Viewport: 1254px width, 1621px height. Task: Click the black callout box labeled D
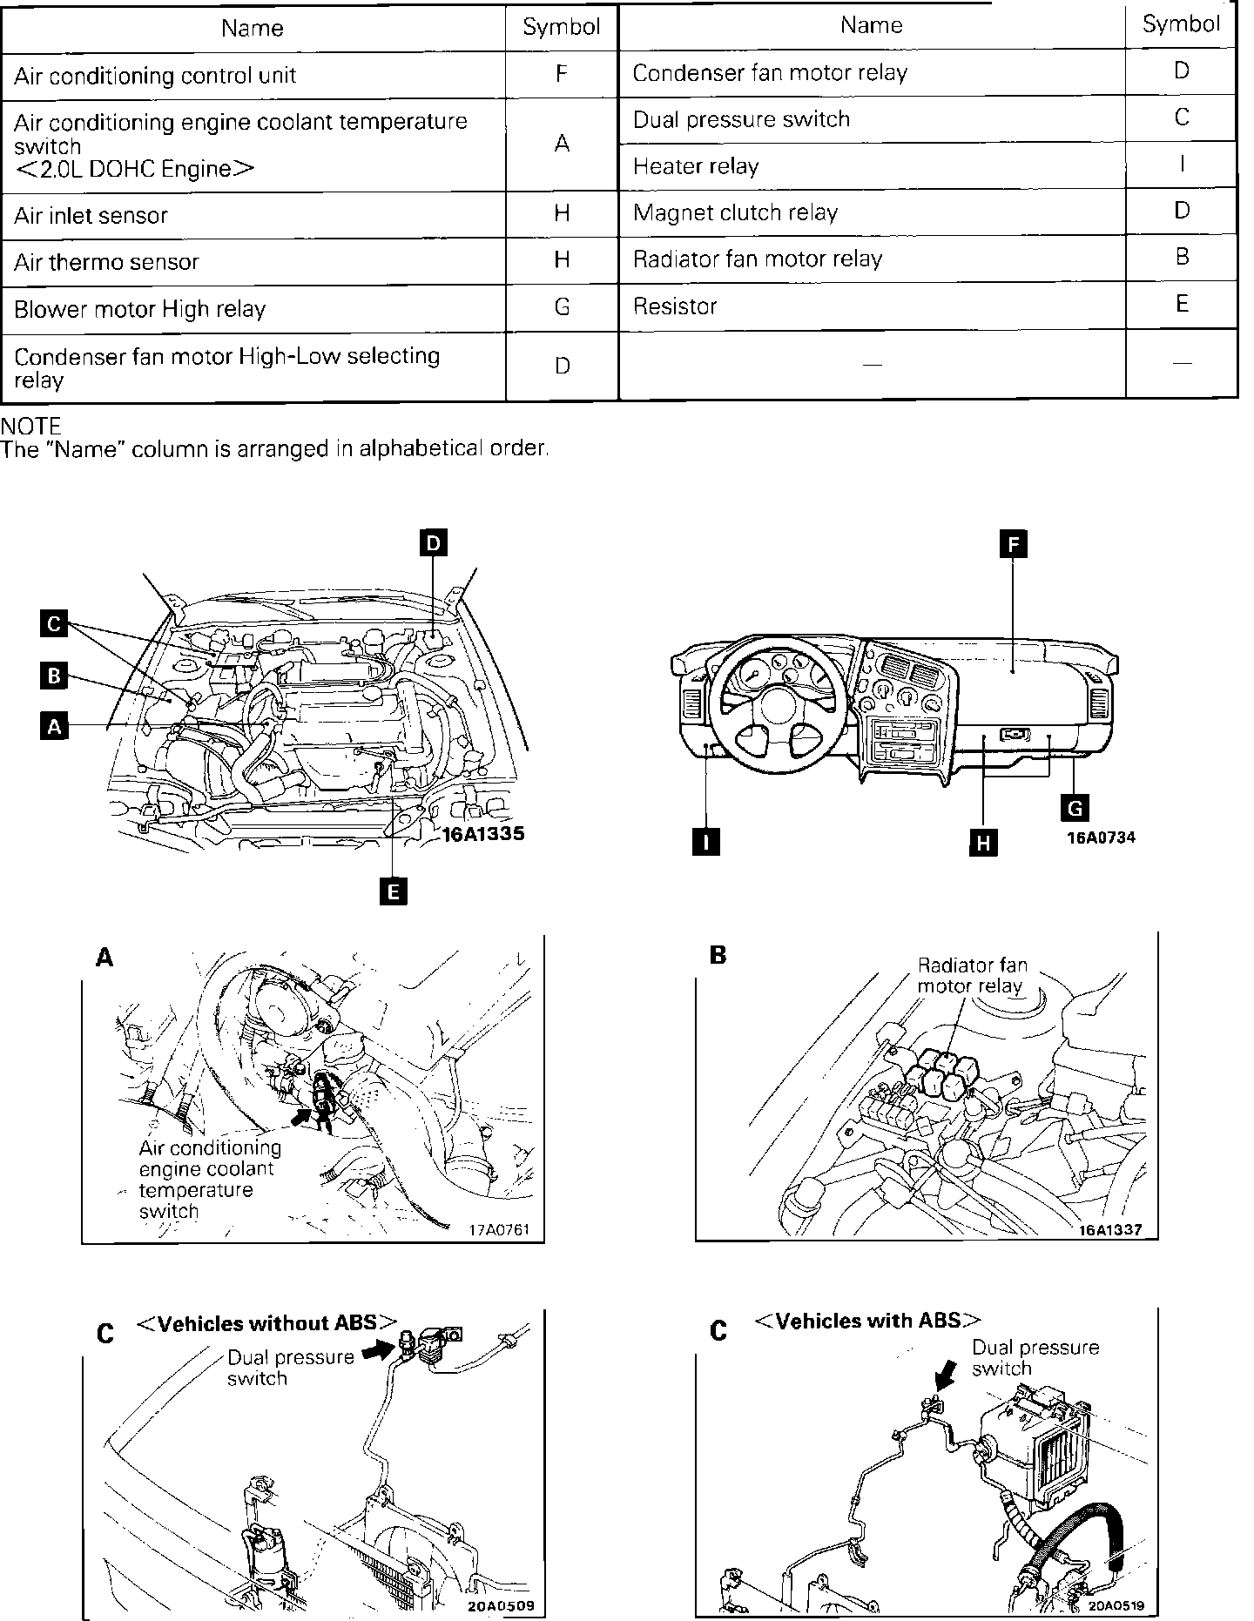(433, 544)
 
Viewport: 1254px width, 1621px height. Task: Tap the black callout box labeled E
(394, 891)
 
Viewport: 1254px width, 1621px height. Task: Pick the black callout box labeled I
(705, 842)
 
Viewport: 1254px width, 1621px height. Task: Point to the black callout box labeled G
(1074, 808)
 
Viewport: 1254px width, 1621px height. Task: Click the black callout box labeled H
(983, 843)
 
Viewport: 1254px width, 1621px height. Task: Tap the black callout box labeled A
(54, 726)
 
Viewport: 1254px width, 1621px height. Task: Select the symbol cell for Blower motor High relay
(562, 307)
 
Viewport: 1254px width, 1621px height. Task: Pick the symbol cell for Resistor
(1181, 304)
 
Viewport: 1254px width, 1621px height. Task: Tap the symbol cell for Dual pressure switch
(1181, 118)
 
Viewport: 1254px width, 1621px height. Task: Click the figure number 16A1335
(484, 834)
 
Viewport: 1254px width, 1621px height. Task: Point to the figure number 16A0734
(1102, 838)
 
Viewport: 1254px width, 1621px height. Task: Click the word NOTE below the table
(31, 427)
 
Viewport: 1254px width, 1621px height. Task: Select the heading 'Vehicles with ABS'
(866, 1321)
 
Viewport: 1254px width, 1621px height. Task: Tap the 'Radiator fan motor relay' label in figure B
(972, 976)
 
